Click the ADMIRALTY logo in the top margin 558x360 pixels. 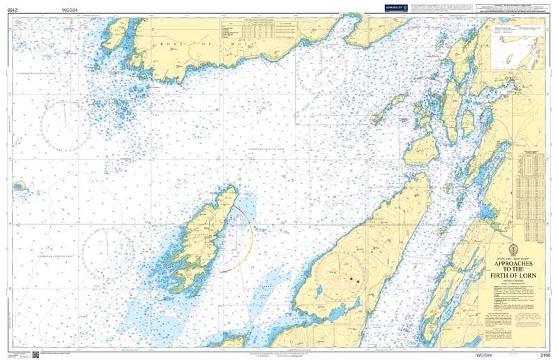(390, 7)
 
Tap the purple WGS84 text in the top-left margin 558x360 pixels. (70, 8)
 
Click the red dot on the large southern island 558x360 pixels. (350, 279)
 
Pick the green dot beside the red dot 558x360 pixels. (358, 282)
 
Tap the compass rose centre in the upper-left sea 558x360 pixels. (63, 124)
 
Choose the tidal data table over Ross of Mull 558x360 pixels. (258, 33)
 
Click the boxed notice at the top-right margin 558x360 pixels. (509, 9)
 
